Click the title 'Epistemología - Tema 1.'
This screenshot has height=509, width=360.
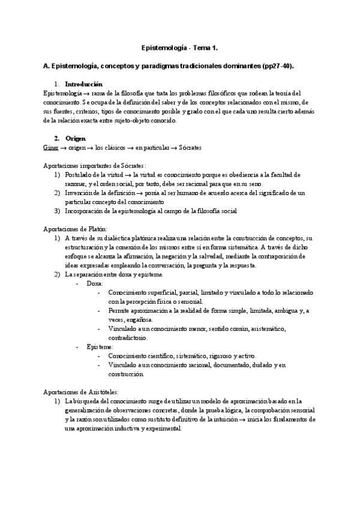point(179,46)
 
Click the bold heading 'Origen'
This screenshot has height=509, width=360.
point(75,138)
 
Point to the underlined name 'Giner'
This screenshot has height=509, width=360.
point(51,147)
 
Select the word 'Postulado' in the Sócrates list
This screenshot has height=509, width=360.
point(79,175)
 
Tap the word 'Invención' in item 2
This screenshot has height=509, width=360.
point(79,193)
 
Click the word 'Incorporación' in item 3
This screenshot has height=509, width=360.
point(83,211)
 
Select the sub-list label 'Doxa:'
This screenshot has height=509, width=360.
point(95,283)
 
